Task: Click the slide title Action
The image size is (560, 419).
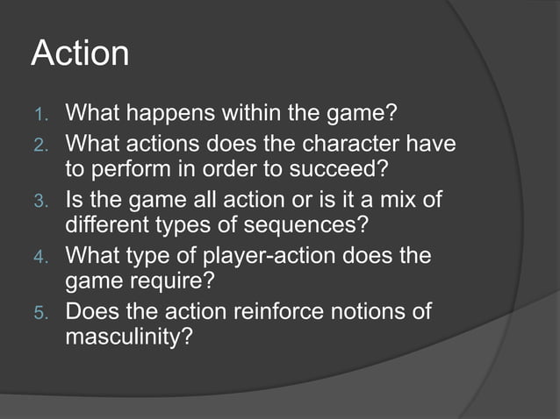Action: (80, 54)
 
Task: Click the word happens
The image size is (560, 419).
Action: (173, 115)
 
